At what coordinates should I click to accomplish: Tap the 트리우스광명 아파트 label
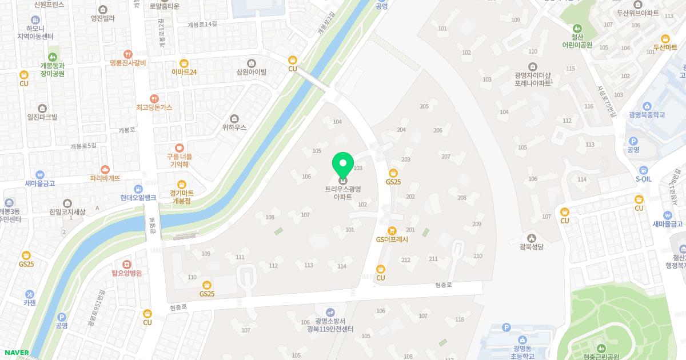[x=343, y=193]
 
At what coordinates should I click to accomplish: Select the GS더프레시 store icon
[x=392, y=230]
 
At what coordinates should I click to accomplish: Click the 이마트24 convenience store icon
[x=184, y=63]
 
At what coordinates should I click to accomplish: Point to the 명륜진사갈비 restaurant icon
[x=128, y=53]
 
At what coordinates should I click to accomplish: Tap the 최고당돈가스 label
[x=154, y=107]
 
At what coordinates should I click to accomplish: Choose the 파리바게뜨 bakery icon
[x=105, y=169]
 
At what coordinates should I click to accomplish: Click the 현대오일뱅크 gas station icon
[x=138, y=189]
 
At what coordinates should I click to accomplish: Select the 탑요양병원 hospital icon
[x=126, y=264]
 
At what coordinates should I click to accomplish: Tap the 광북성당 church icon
[x=531, y=238]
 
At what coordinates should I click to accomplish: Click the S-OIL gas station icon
[x=644, y=170]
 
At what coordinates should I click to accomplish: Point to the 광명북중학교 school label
[x=647, y=115]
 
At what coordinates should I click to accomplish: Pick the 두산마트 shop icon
[x=665, y=38]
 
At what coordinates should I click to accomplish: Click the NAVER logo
[x=17, y=352]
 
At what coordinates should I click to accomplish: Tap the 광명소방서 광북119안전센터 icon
[x=330, y=311]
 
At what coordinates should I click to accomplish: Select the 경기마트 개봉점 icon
[x=181, y=183]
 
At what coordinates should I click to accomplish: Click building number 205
[x=424, y=106]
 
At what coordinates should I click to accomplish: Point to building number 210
[x=478, y=256]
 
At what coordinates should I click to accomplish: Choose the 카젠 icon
[x=29, y=294]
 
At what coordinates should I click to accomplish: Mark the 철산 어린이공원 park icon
[x=577, y=28]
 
